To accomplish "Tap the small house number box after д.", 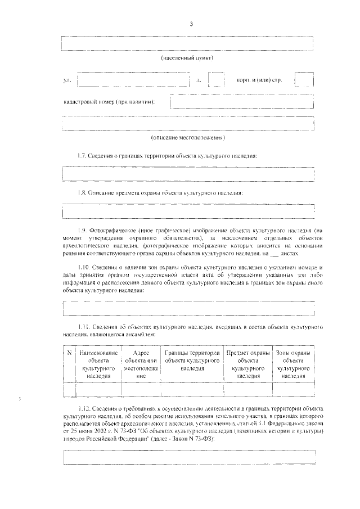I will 216,80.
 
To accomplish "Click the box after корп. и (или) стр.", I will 304,80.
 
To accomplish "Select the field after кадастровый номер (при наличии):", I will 242,102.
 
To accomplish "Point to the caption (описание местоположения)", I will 188,137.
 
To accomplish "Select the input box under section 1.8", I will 188,211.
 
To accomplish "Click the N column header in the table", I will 69,353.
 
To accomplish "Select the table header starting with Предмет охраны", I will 247,364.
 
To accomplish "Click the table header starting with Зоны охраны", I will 293,364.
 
